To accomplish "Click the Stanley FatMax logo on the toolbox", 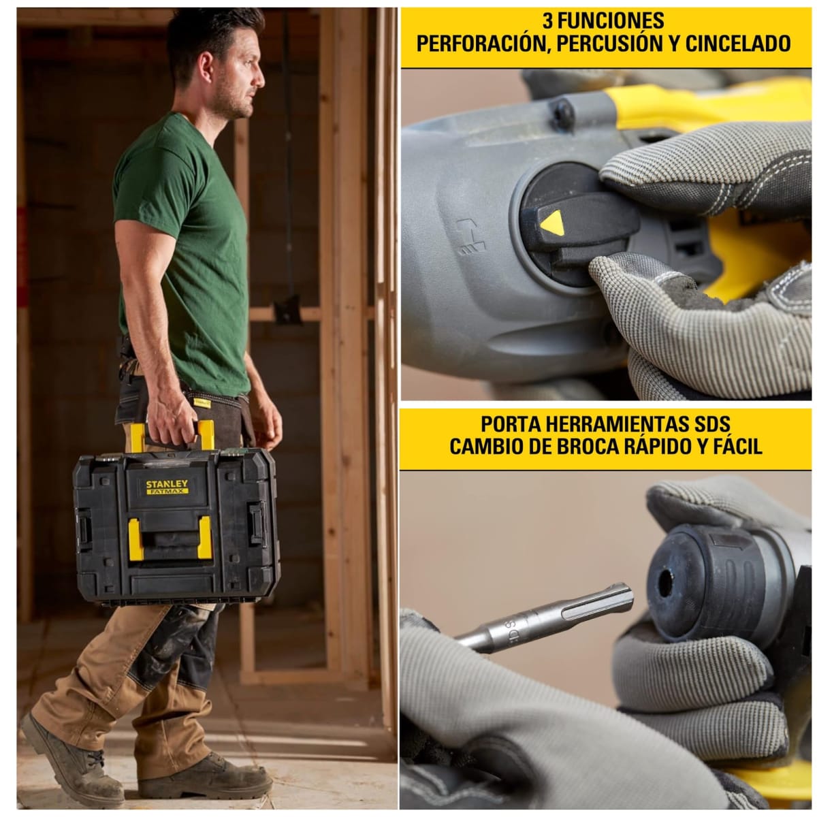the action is pyautogui.click(x=167, y=487).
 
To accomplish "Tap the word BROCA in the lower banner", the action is pyautogui.click(x=593, y=447).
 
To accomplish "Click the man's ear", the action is pyautogui.click(x=206, y=67).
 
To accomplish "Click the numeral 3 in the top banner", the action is pyautogui.click(x=548, y=20).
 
